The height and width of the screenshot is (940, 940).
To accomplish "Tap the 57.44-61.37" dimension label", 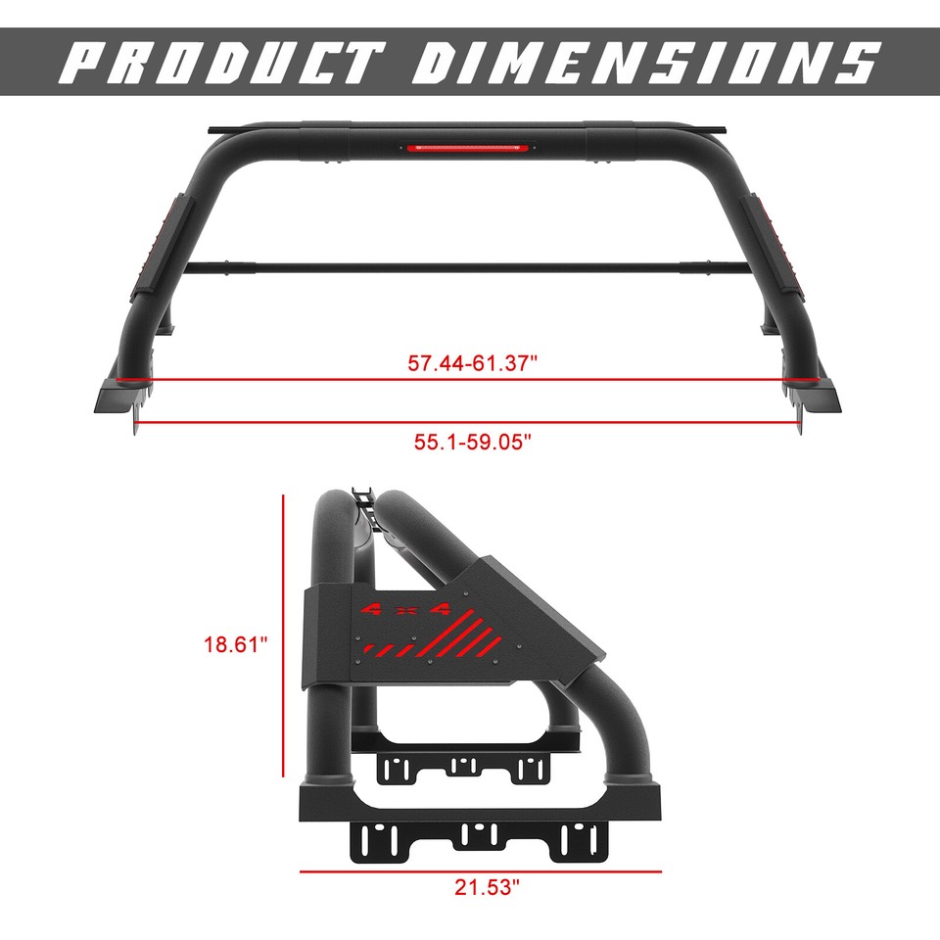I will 474,363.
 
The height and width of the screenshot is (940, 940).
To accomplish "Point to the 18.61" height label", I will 236,644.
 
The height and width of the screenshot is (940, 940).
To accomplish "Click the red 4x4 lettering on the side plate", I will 404,610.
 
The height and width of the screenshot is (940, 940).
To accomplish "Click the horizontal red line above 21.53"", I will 480,870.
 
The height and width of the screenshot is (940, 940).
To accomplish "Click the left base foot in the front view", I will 122,397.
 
